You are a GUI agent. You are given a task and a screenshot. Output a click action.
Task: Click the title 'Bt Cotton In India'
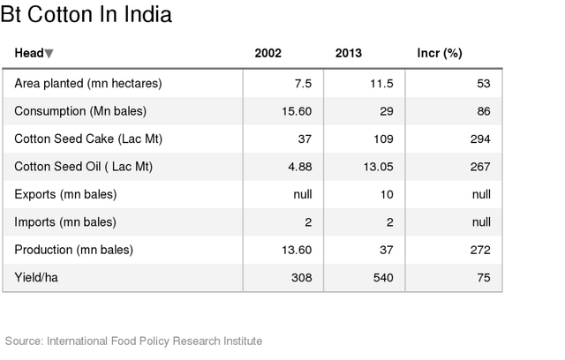pyautogui.click(x=86, y=15)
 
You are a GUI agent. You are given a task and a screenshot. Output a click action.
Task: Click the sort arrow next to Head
pyautogui.click(x=49, y=54)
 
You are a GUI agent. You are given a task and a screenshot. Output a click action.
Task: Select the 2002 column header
pyautogui.click(x=267, y=54)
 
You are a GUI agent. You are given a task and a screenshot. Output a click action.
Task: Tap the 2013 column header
pyautogui.click(x=348, y=54)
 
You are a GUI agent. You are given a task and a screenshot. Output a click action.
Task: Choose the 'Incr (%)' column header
pyautogui.click(x=439, y=54)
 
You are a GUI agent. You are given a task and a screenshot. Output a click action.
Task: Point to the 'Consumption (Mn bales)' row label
pyautogui.click(x=80, y=111)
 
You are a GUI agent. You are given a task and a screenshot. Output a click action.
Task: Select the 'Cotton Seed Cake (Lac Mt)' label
pyautogui.click(x=88, y=139)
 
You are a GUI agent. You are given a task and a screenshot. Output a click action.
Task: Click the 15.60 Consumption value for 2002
pyautogui.click(x=296, y=111)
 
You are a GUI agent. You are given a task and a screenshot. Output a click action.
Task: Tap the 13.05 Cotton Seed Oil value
pyautogui.click(x=377, y=167)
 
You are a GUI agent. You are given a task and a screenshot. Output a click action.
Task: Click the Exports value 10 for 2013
pyautogui.click(x=386, y=194)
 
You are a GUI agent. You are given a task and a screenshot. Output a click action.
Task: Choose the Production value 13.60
pyautogui.click(x=296, y=250)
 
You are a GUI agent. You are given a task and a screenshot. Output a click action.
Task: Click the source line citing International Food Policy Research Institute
pyautogui.click(x=133, y=341)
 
